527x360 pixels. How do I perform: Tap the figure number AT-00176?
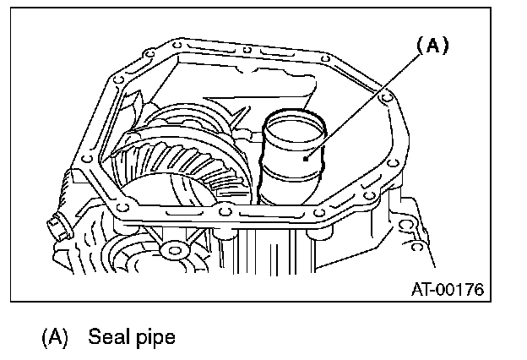(447, 290)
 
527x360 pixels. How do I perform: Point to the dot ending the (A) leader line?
(309, 152)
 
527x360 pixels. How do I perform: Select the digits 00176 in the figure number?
(462, 290)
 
